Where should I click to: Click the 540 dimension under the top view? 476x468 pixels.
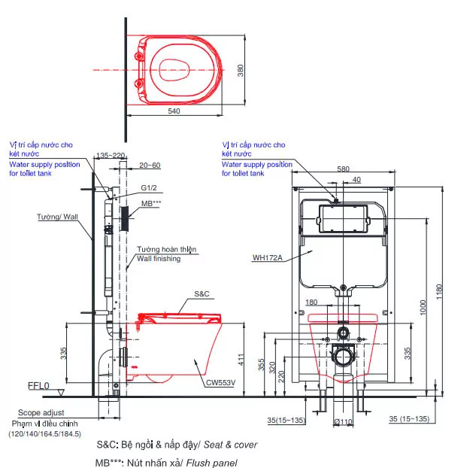pyautogui.click(x=174, y=111)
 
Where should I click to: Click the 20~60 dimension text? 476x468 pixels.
pyautogui.click(x=150, y=165)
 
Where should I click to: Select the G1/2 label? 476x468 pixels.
pyautogui.click(x=149, y=190)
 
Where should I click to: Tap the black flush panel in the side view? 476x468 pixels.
pyautogui.click(x=125, y=215)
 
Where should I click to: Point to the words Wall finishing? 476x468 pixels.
pyautogui.click(x=158, y=259)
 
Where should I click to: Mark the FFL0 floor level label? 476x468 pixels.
pyautogui.click(x=38, y=386)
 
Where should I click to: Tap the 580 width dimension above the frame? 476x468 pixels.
pyautogui.click(x=344, y=169)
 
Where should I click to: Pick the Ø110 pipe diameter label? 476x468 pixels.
pyautogui.click(x=343, y=421)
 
